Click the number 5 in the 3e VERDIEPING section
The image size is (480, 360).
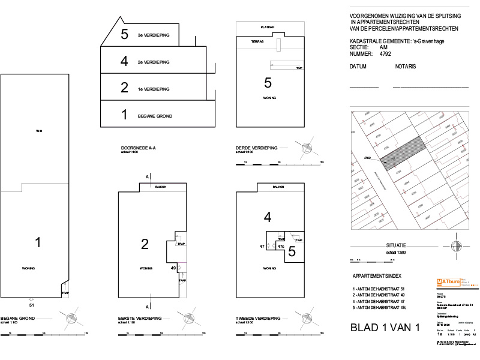[124, 35]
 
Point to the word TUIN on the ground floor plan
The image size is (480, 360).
[39, 131]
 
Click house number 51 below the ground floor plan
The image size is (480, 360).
[32, 305]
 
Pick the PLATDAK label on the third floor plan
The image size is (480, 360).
[268, 28]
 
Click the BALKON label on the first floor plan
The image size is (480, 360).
[161, 187]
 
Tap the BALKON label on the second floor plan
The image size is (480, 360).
[277, 187]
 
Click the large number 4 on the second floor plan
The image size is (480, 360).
[268, 217]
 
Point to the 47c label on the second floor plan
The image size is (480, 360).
[280, 247]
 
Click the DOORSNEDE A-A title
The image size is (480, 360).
[139, 148]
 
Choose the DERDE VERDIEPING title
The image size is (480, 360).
[257, 148]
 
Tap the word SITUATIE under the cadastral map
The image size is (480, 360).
[397, 245]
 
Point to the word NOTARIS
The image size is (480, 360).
[405, 67]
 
